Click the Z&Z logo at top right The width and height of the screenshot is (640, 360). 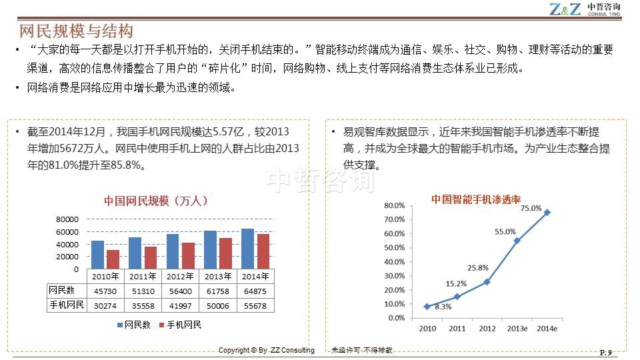point(567,9)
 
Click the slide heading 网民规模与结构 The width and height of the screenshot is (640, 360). point(77,31)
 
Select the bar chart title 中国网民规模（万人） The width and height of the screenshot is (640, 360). point(156,200)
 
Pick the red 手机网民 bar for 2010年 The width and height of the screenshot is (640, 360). point(113,259)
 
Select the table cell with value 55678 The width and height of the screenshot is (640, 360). point(255,305)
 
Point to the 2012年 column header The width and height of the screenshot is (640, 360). point(181,276)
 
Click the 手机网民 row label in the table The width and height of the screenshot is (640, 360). point(67,305)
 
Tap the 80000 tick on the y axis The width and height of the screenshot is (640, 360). point(67,219)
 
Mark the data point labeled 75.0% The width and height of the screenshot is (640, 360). point(547,213)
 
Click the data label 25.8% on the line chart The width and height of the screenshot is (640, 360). point(477,268)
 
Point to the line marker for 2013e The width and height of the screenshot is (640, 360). point(517,241)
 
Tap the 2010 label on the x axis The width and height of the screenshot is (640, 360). point(427,329)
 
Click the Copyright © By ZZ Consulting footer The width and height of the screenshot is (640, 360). point(267,350)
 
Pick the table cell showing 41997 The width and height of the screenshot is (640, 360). point(180,305)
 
